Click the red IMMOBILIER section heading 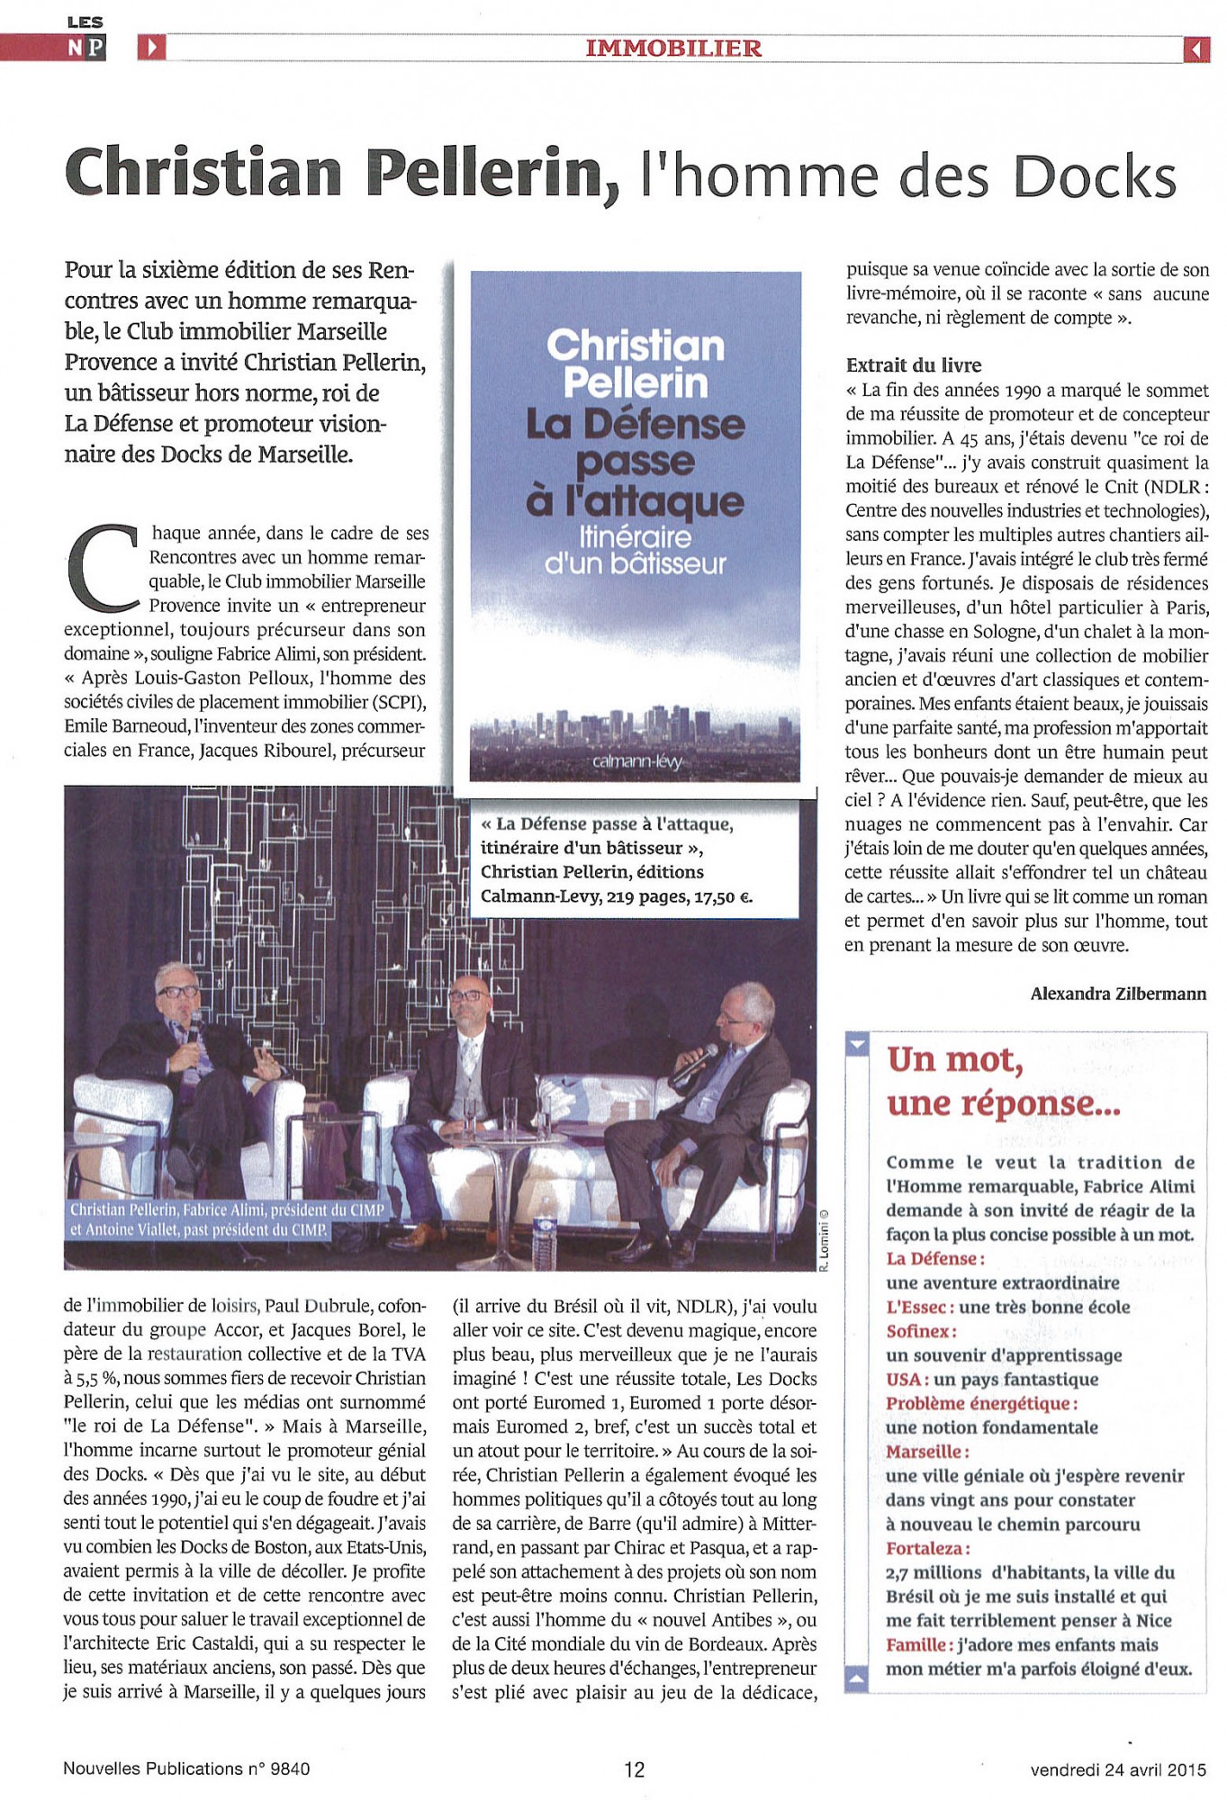(673, 49)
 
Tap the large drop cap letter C (101, 567)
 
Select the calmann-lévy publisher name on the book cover (637, 761)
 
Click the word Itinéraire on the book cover (636, 537)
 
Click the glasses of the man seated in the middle (466, 995)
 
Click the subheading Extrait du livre (913, 365)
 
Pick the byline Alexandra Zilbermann (1118, 994)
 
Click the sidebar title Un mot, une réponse (1003, 1081)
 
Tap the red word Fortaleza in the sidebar (928, 1549)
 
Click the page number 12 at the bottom (634, 1769)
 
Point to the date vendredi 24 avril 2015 (1117, 1769)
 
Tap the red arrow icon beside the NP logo (152, 48)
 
